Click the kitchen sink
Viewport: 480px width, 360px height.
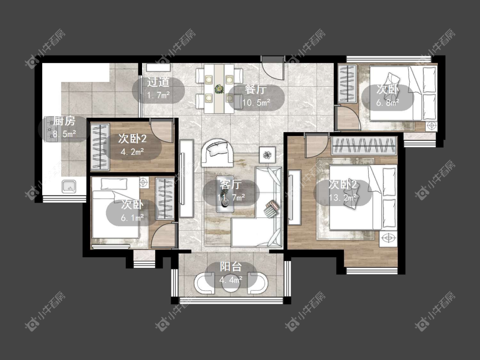(x=69, y=186)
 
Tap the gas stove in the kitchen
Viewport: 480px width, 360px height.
(x=49, y=129)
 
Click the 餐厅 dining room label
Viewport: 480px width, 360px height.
(x=256, y=90)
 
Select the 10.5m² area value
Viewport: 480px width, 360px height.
(x=256, y=102)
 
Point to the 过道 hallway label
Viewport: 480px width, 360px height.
(x=158, y=82)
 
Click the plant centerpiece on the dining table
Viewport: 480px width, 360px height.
(x=219, y=89)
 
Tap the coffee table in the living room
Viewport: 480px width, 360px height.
(x=225, y=194)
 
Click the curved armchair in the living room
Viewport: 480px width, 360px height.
(x=217, y=153)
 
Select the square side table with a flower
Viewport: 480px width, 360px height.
(x=268, y=155)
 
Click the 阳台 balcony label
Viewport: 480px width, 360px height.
(x=231, y=267)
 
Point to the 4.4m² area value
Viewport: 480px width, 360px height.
(x=231, y=279)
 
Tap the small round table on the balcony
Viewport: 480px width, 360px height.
(x=231, y=285)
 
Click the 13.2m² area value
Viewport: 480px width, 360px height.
(x=343, y=197)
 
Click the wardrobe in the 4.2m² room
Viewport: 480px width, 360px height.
(x=100, y=146)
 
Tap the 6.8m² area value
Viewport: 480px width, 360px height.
(x=387, y=103)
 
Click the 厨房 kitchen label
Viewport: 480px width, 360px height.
(x=64, y=121)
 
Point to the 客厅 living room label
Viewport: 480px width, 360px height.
(x=230, y=185)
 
